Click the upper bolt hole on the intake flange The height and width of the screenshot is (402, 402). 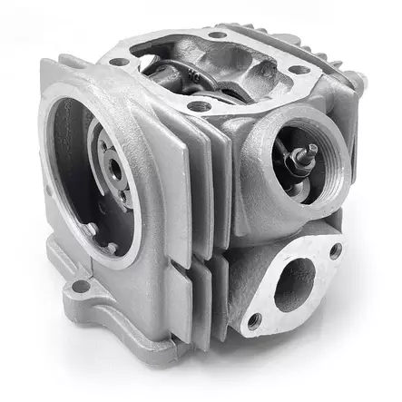pos(335,250)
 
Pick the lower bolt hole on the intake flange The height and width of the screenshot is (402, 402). pos(255,319)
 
